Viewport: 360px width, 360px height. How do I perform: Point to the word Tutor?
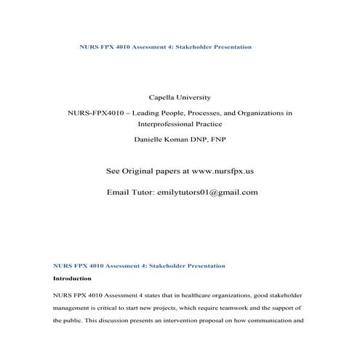point(145,193)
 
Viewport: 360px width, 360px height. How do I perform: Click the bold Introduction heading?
point(72,279)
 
